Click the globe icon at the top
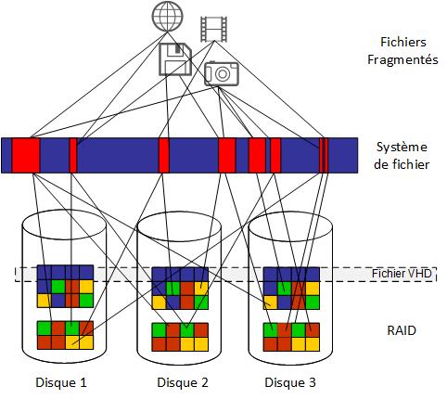(x=168, y=16)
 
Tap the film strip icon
(x=213, y=29)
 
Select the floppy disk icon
(x=175, y=59)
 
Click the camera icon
(x=222, y=73)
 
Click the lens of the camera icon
(x=222, y=73)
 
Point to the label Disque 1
(x=61, y=382)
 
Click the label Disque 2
(x=183, y=382)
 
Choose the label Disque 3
(x=290, y=382)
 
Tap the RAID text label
(x=402, y=330)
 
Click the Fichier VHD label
(x=402, y=274)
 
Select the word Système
(x=402, y=147)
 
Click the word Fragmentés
(x=402, y=59)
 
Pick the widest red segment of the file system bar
(x=26, y=155)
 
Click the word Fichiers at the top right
(x=403, y=42)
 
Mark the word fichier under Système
(x=410, y=164)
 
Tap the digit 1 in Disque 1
(x=83, y=382)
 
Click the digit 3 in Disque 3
(x=312, y=382)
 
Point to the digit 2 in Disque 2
(x=204, y=382)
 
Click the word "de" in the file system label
(x=381, y=164)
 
